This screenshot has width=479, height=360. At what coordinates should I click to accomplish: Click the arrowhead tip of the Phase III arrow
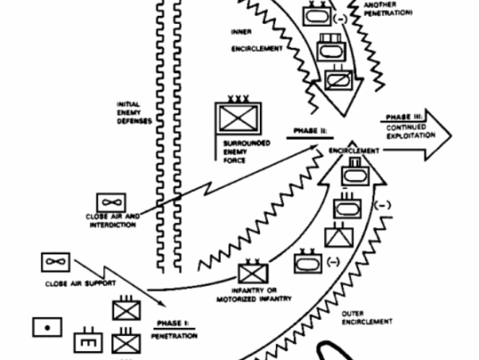(x=449, y=133)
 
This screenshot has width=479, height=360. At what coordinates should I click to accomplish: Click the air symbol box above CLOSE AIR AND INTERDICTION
(x=110, y=202)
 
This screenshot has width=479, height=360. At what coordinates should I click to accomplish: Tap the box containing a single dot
(x=46, y=327)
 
